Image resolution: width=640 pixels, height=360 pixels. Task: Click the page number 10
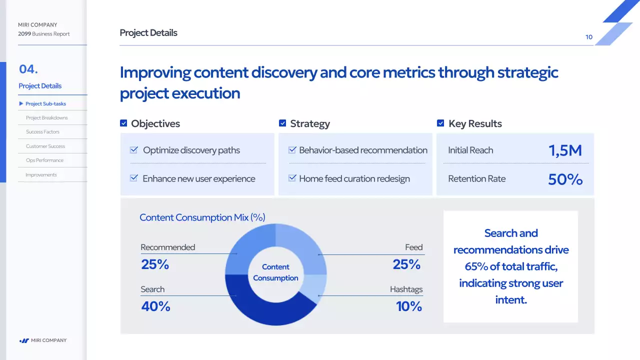[589, 37]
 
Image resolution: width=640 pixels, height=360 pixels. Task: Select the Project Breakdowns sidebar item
[46, 118]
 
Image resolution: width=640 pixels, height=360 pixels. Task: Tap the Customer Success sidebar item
[45, 146]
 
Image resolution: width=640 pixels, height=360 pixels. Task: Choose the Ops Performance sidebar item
[44, 160]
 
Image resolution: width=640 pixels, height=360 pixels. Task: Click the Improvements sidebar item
[41, 175]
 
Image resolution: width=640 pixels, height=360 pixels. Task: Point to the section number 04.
[28, 69]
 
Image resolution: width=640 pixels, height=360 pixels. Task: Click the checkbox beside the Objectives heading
[123, 123]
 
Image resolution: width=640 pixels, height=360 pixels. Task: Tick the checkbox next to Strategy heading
[282, 123]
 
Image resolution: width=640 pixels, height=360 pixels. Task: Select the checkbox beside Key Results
[440, 123]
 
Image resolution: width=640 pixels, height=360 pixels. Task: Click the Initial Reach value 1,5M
[565, 150]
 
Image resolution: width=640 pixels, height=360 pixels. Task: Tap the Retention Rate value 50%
[565, 179]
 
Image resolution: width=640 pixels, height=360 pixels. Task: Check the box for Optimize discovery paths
[134, 150]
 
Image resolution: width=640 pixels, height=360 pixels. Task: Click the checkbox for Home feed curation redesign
[292, 178]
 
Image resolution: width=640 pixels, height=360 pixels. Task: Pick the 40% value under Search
[155, 306]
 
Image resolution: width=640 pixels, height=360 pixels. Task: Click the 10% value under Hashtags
[408, 306]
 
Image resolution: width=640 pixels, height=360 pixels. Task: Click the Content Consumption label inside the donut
[275, 272]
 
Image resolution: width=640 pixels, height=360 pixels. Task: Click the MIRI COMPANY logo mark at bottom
[24, 340]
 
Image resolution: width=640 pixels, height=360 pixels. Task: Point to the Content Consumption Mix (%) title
[202, 217]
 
